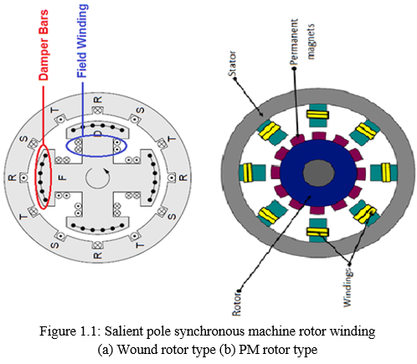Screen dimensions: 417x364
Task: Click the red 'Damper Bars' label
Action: (44, 45)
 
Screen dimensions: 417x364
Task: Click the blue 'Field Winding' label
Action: (82, 41)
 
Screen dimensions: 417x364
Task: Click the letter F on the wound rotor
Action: (63, 177)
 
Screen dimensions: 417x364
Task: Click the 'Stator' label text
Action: (232, 64)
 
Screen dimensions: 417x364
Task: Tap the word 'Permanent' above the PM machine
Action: (294, 42)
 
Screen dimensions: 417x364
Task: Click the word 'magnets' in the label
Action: (311, 42)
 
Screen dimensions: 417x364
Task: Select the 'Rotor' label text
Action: (236, 303)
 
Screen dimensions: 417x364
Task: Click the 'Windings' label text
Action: (347, 288)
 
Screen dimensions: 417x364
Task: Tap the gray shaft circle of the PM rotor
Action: (318, 173)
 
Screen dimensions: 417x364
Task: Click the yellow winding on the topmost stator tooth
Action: (317, 115)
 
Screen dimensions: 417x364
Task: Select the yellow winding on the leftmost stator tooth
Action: (248, 172)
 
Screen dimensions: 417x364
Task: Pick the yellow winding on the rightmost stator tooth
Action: (386, 172)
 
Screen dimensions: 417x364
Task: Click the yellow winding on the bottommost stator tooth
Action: (317, 232)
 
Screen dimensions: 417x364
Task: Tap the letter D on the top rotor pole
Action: (98, 135)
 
